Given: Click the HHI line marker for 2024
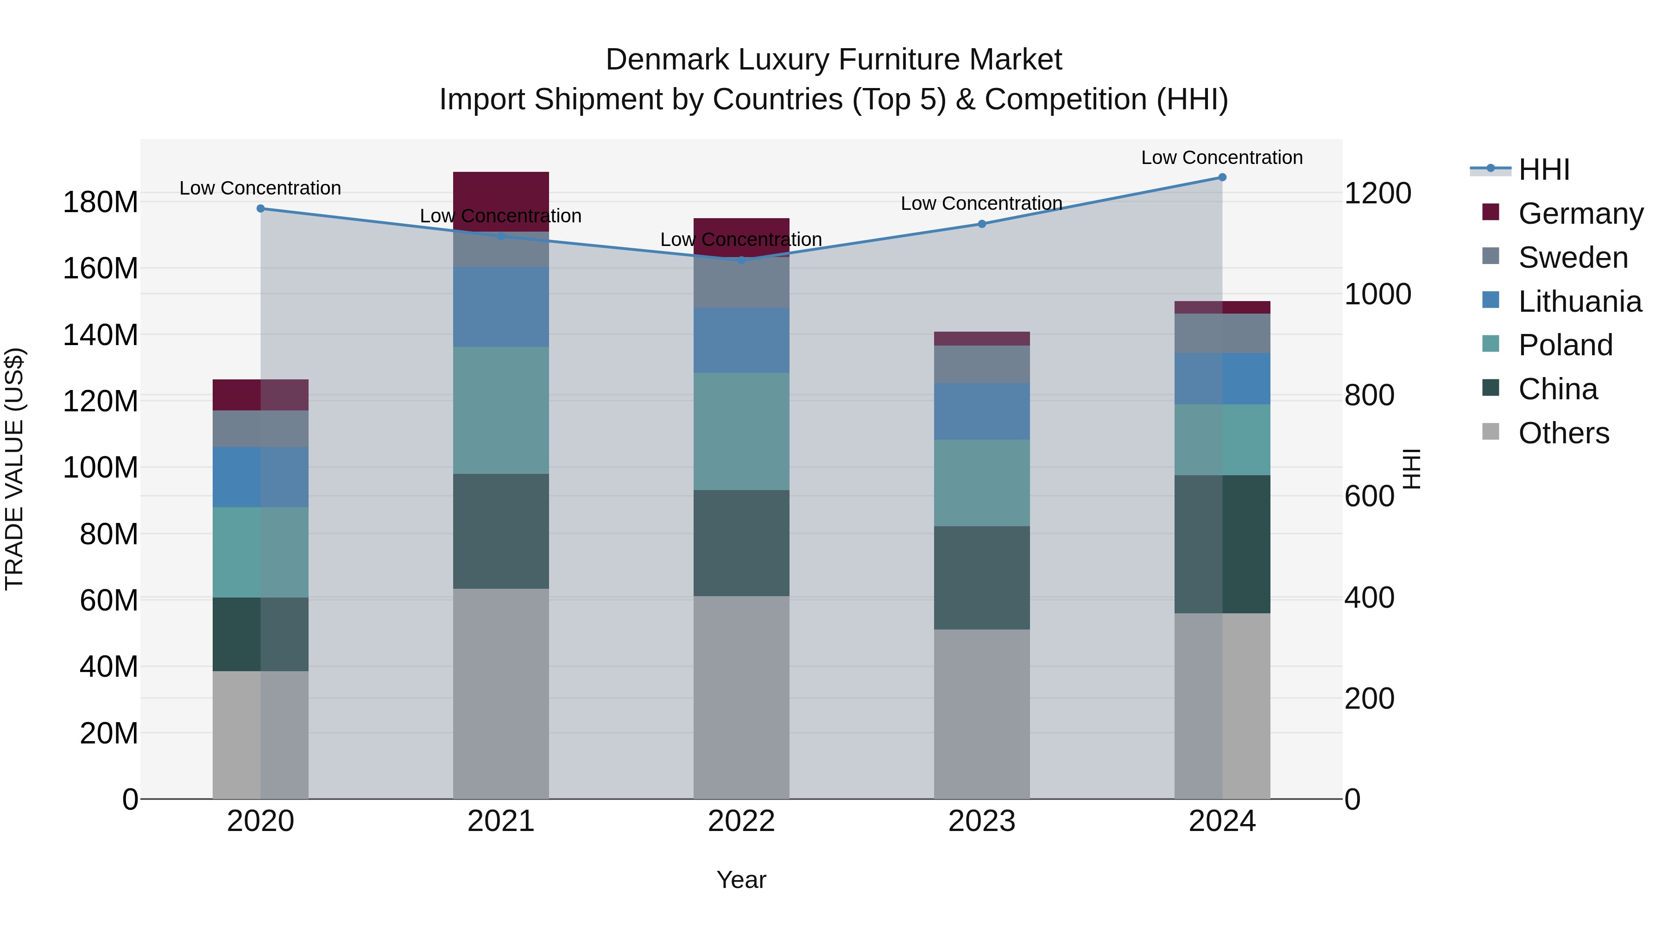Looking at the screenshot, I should point(1222,177).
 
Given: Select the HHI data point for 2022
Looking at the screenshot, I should point(741,260).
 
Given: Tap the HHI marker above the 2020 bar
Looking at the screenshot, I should point(260,208).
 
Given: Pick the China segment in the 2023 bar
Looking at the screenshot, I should point(982,578).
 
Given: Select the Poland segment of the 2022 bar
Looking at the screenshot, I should point(741,431).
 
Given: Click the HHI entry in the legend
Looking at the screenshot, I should point(1544,170).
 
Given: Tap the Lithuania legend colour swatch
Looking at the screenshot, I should point(1491,300).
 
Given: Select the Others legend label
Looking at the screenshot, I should point(1564,433).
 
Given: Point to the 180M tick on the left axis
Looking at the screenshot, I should point(101,202).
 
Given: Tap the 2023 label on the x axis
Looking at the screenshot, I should point(982,821).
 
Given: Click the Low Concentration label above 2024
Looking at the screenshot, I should point(1221,157).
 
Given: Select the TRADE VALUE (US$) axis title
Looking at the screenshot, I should point(14,469).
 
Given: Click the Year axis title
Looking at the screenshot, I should point(741,880).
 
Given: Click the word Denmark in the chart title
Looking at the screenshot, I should point(667,60).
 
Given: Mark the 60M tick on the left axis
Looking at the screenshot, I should point(109,600).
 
